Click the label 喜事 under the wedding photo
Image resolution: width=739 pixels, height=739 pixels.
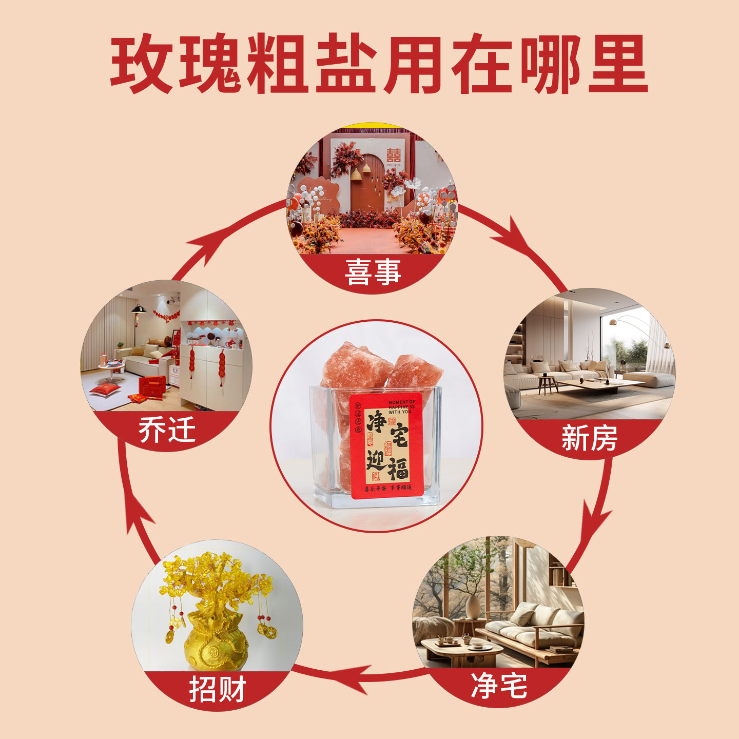tap(373, 272)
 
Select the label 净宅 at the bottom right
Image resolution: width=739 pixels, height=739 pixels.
tap(499, 686)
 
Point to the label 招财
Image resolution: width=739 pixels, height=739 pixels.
tap(218, 689)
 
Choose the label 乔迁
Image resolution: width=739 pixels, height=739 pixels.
tap(167, 430)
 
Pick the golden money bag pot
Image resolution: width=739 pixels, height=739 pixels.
tap(216, 644)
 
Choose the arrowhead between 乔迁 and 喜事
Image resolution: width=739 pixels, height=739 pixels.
tap(205, 246)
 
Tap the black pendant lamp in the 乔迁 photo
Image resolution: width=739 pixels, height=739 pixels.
tap(139, 309)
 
